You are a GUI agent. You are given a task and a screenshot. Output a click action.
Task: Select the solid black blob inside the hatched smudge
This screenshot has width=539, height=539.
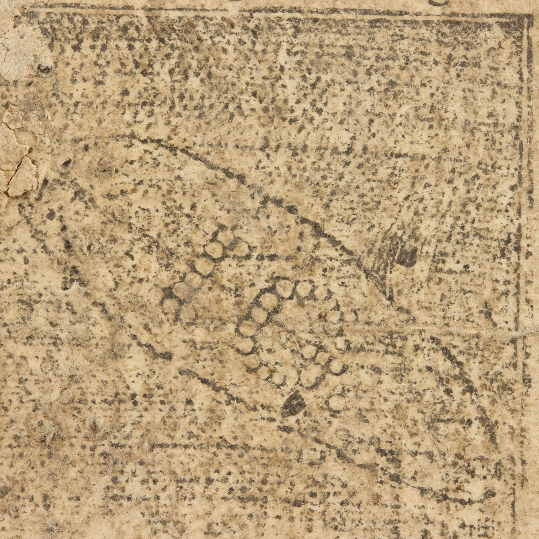406,256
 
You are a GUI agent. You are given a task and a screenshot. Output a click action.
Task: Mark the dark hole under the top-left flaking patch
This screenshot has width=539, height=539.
43,67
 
